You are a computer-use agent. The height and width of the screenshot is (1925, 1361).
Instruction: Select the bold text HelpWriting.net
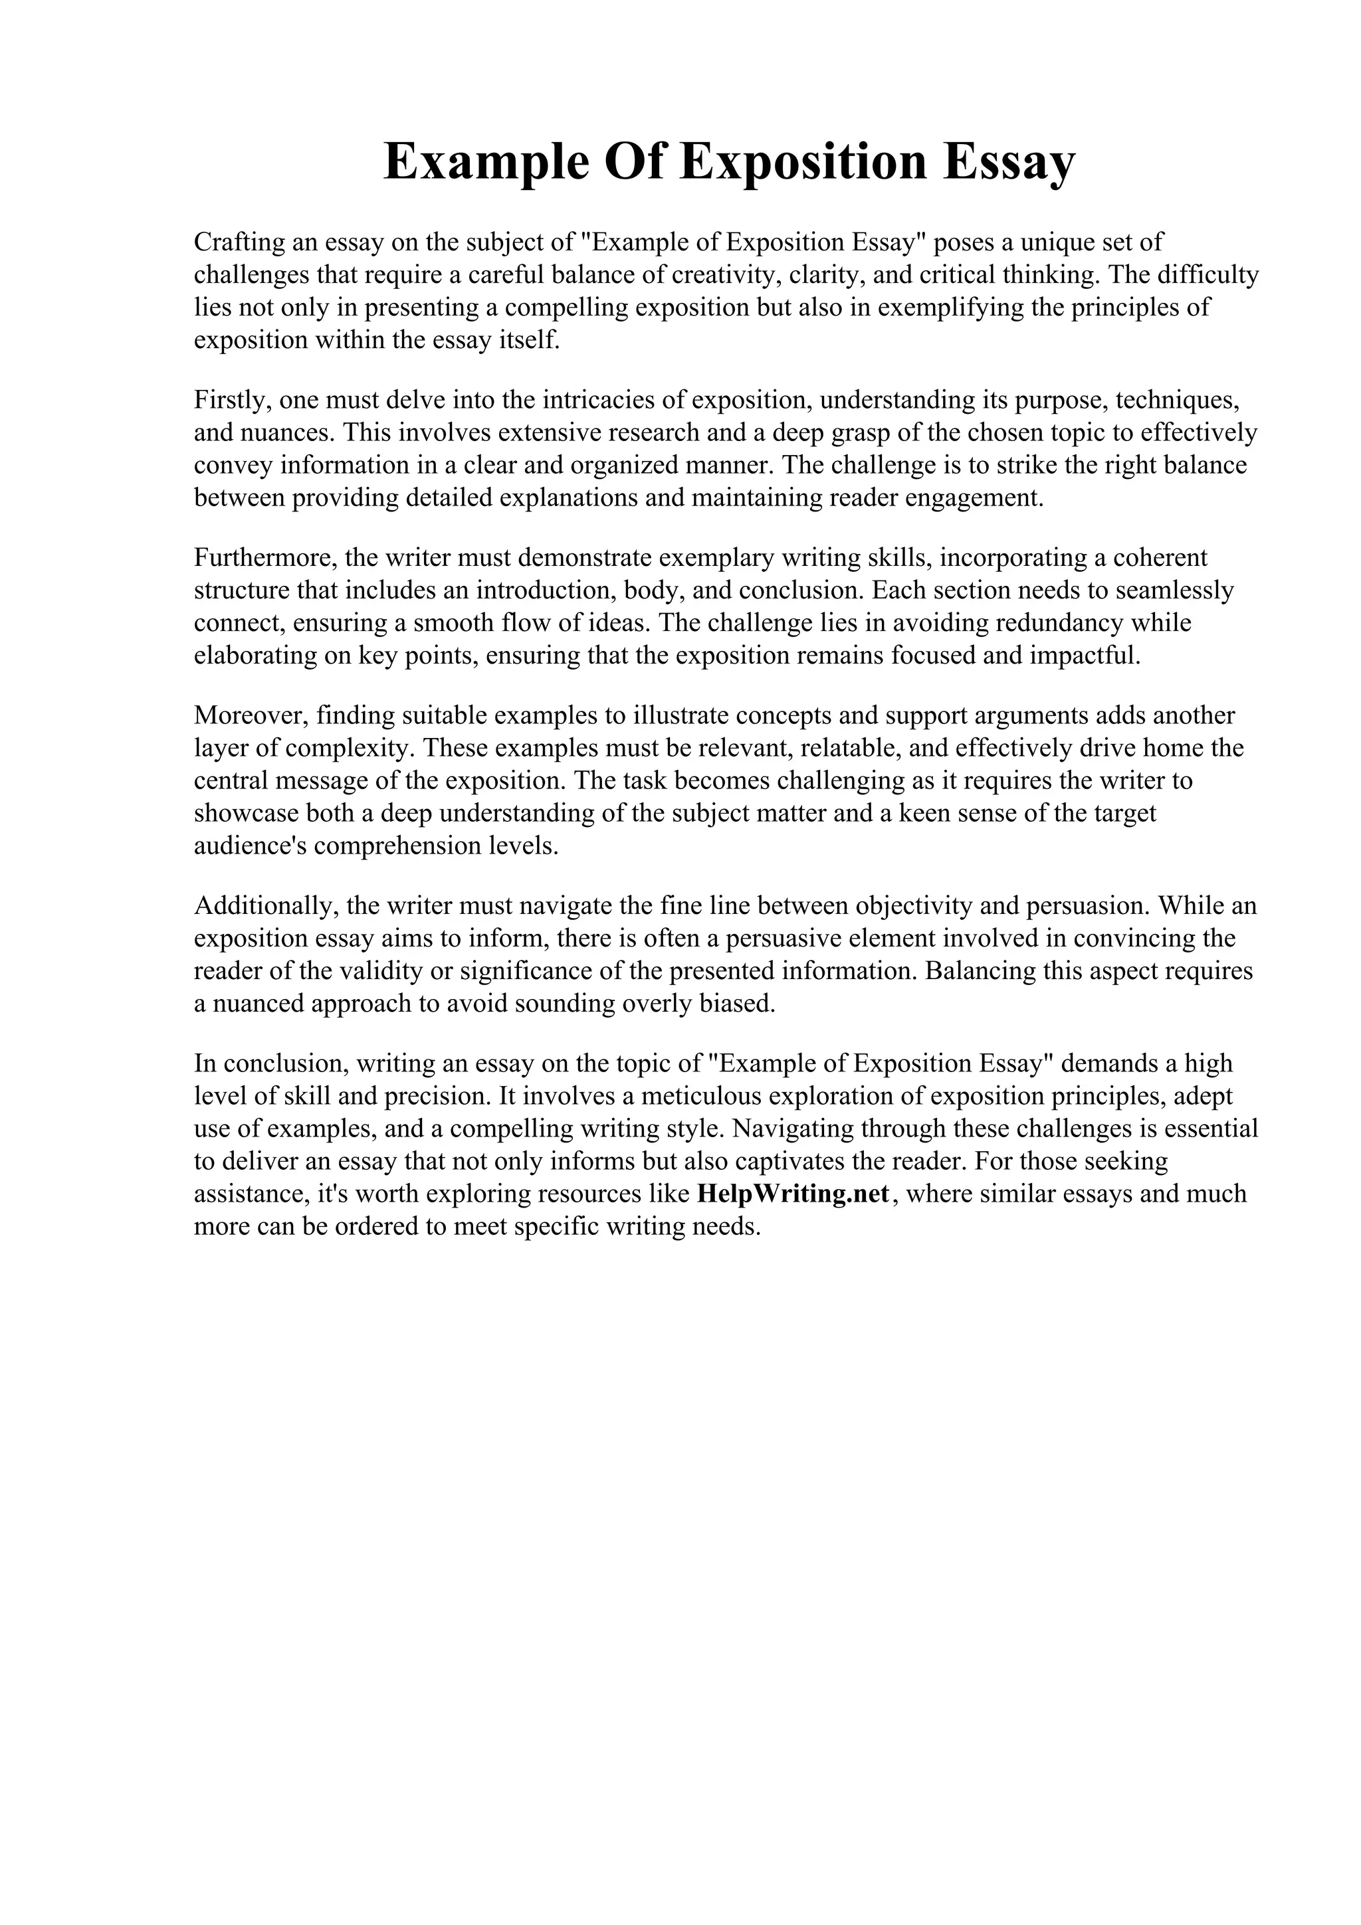[x=792, y=1194]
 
